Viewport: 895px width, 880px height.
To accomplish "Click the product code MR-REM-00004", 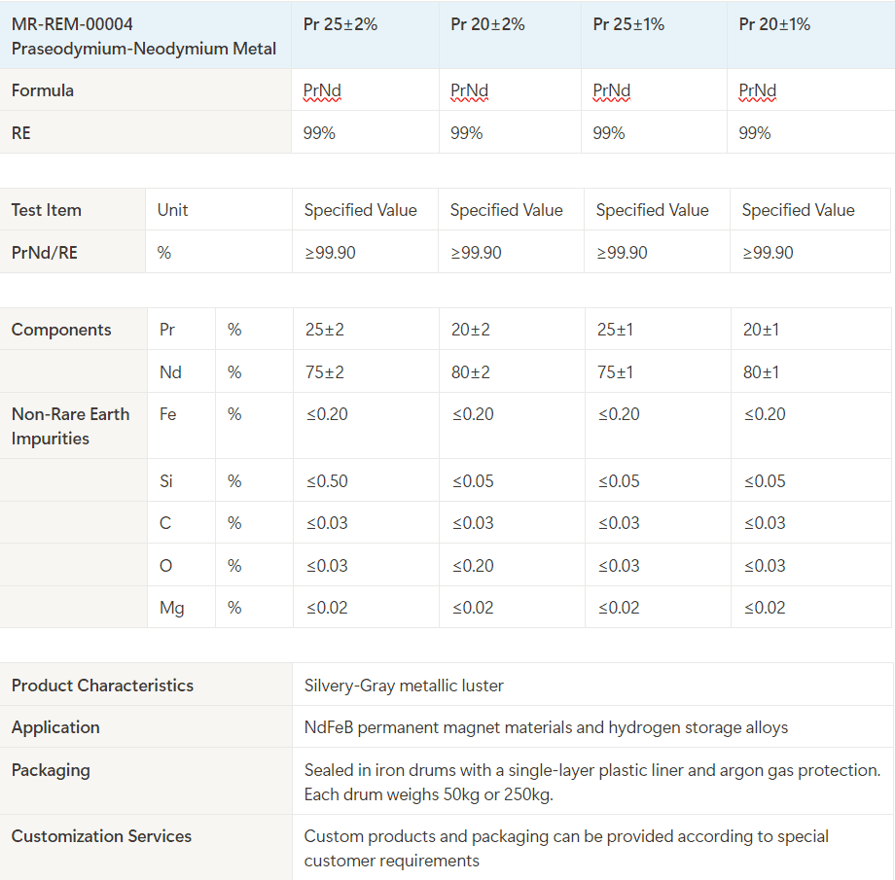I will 72,23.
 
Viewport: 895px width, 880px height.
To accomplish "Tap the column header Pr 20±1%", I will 774,24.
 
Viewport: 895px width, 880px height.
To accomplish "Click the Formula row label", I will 43,90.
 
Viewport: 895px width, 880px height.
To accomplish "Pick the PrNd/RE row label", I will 45,253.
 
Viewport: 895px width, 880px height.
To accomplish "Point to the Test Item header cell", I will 47,210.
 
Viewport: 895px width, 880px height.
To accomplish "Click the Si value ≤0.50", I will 327,481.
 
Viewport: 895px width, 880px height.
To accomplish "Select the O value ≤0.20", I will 473,566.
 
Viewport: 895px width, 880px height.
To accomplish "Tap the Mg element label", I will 172,608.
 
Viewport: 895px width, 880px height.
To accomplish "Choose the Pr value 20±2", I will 471,330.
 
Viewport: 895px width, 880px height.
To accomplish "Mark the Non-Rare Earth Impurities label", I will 70,426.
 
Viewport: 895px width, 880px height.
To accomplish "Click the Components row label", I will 61,330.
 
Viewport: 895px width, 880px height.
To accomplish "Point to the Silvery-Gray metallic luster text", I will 404,686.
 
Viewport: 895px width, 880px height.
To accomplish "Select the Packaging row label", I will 51,770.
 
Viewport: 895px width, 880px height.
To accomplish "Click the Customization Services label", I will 101,836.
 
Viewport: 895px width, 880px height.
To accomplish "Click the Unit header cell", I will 172,210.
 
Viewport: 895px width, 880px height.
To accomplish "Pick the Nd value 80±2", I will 471,372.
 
